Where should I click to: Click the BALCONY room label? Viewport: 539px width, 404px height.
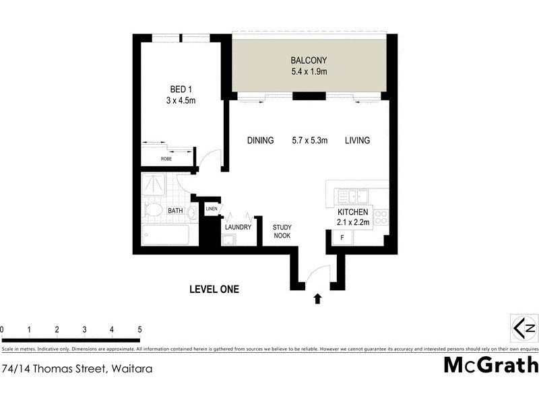click(x=309, y=59)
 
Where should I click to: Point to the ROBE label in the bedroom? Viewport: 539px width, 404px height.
click(x=166, y=159)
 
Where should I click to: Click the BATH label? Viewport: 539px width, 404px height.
click(x=175, y=211)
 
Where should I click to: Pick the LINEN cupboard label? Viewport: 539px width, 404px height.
click(x=211, y=209)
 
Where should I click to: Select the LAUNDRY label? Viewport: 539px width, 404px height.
click(x=238, y=227)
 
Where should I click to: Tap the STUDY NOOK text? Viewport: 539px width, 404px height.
click(x=282, y=232)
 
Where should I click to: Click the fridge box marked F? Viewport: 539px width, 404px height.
click(x=342, y=238)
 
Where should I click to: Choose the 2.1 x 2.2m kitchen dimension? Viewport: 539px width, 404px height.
click(x=354, y=223)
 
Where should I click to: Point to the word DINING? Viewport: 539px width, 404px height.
click(x=260, y=141)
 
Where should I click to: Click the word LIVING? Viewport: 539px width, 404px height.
click(x=358, y=141)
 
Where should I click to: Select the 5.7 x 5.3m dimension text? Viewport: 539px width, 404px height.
click(x=309, y=141)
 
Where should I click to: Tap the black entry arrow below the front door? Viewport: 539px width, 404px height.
click(x=317, y=298)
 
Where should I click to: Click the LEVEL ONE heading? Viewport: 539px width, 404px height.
click(x=214, y=290)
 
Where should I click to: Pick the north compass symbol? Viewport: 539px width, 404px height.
click(x=524, y=328)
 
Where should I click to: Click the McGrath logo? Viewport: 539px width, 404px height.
click(x=491, y=365)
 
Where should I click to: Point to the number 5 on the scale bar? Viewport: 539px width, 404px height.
click(x=139, y=329)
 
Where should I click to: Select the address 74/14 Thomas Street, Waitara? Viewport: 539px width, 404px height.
click(x=77, y=368)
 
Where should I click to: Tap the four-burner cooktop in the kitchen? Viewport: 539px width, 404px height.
click(x=381, y=217)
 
